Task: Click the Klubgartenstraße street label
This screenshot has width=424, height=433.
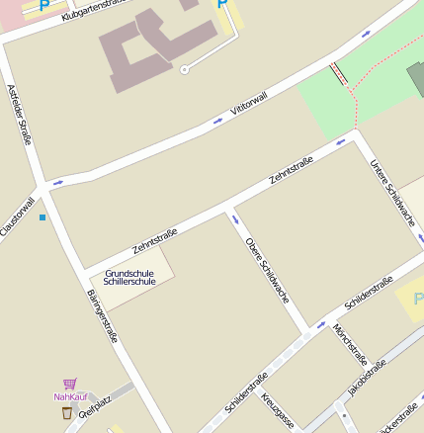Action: click(99, 11)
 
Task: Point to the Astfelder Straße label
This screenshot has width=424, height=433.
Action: click(20, 115)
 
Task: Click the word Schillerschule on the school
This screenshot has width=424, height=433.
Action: click(129, 282)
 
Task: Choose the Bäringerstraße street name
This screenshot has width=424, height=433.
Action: click(102, 315)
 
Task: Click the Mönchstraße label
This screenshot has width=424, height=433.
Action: click(350, 344)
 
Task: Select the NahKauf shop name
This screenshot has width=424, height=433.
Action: click(70, 396)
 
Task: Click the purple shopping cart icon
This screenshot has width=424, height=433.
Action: click(69, 384)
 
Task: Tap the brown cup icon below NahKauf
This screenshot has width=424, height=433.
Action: click(66, 412)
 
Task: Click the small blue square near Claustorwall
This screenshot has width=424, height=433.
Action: click(42, 216)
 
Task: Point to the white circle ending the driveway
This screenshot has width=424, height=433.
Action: click(184, 69)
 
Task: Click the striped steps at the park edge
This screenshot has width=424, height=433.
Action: click(340, 74)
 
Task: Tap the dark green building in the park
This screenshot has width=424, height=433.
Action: click(416, 79)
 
